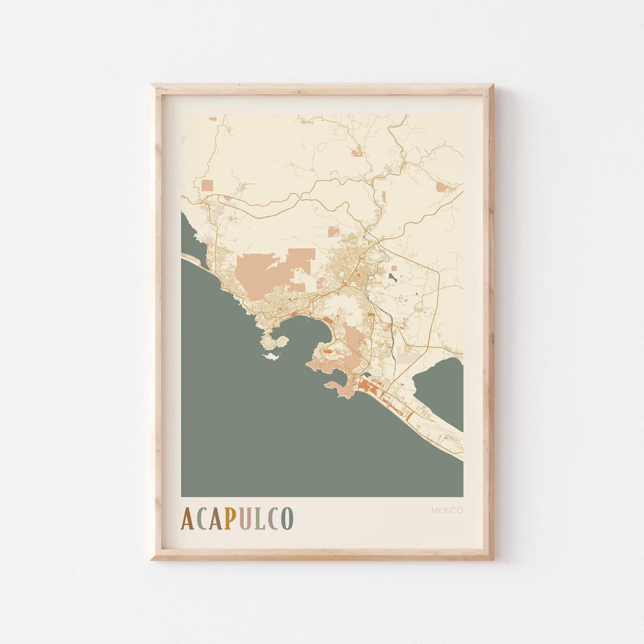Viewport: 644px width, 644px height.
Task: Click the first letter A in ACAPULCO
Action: [x=187, y=519]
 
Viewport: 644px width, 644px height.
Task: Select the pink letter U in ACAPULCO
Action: [x=245, y=519]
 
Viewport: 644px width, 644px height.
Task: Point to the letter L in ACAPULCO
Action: [x=259, y=519]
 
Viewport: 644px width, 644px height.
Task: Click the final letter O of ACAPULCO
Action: [x=287, y=519]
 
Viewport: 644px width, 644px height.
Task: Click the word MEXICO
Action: [x=447, y=510]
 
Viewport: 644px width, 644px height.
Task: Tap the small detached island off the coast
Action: [x=271, y=357]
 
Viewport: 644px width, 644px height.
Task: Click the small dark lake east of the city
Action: [x=391, y=277]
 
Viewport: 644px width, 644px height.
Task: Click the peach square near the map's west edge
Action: [x=207, y=185]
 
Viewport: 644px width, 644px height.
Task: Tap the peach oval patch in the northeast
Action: [x=441, y=187]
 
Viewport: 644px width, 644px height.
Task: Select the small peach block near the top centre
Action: [x=357, y=153]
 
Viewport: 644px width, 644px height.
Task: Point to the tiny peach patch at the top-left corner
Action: [x=213, y=119]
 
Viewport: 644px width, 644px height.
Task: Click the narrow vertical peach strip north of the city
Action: [x=383, y=196]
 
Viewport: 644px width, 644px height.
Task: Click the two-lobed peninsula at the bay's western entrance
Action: [x=274, y=342]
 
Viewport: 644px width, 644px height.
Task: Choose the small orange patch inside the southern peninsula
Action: [x=327, y=353]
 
